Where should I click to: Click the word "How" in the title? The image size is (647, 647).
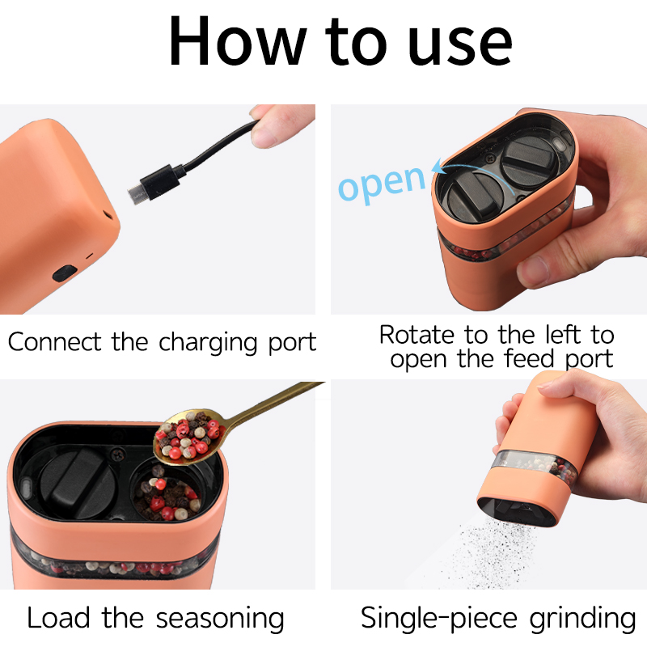click(x=238, y=41)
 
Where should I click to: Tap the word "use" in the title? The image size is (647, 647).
click(x=460, y=44)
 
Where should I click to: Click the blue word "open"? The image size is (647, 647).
click(x=382, y=184)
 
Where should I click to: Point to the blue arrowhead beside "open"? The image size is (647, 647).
click(x=438, y=167)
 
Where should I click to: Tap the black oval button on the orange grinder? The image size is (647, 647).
click(x=65, y=273)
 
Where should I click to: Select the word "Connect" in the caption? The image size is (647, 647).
click(x=54, y=342)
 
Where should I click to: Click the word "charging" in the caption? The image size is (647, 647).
click(x=209, y=343)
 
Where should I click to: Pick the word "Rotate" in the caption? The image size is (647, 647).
click(x=417, y=334)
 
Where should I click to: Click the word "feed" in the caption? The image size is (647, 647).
click(x=529, y=358)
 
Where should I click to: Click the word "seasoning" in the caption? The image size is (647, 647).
click(x=220, y=619)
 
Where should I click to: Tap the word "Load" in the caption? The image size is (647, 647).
click(x=58, y=617)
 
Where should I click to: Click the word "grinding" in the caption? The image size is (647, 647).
click(x=582, y=619)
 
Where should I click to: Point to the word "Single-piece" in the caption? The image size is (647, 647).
click(x=439, y=619)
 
